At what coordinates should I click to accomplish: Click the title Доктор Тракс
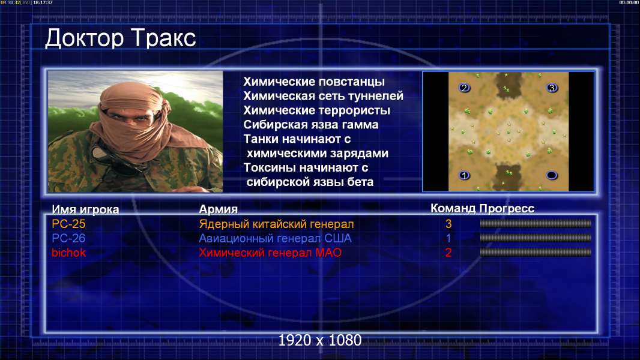click(121, 38)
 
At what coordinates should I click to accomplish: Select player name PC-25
click(68, 224)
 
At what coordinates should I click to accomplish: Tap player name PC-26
click(68, 238)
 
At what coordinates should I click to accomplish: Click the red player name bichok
click(68, 253)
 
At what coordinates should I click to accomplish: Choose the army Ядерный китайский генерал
click(276, 224)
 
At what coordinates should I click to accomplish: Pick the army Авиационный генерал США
click(275, 238)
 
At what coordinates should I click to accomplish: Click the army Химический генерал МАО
click(270, 253)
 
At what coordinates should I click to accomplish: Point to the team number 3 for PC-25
click(448, 224)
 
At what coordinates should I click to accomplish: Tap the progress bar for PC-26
click(536, 238)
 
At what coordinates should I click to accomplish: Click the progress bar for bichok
click(536, 253)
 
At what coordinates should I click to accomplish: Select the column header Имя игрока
click(85, 209)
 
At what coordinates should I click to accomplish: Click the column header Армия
click(219, 209)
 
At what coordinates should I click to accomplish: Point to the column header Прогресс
click(507, 208)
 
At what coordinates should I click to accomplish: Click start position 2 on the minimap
click(464, 88)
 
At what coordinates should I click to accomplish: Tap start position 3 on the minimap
click(552, 88)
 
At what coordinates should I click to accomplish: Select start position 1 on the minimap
click(464, 175)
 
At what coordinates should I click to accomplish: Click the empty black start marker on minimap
click(552, 175)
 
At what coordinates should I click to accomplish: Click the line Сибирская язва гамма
click(311, 125)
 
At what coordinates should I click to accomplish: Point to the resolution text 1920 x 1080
click(320, 340)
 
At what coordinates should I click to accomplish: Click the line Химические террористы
click(317, 110)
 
